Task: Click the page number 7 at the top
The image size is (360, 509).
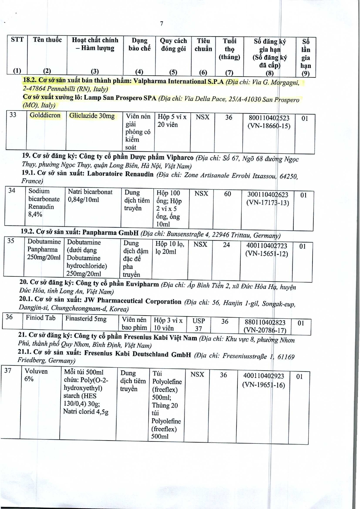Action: [x=161, y=23]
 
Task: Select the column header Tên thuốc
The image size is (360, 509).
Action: [x=47, y=40]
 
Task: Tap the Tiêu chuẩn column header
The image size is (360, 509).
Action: [x=203, y=45]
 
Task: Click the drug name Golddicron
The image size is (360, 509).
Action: [x=45, y=115]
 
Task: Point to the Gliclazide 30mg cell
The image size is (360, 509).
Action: [x=92, y=116]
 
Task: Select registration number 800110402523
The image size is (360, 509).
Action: [x=269, y=118]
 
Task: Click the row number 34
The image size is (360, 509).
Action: [x=12, y=191]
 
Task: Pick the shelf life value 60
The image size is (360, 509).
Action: [x=228, y=194]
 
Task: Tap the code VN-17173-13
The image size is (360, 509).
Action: [x=268, y=203]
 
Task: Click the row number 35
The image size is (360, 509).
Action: [x=11, y=241]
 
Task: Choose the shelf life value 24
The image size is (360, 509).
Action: [x=226, y=245]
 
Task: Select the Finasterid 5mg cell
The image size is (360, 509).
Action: [x=86, y=319]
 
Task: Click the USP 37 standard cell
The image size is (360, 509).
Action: [x=199, y=325]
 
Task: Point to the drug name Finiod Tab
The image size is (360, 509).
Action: [x=41, y=318]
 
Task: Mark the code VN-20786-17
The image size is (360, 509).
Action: [x=265, y=330]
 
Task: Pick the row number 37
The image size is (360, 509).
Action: [x=8, y=370]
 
